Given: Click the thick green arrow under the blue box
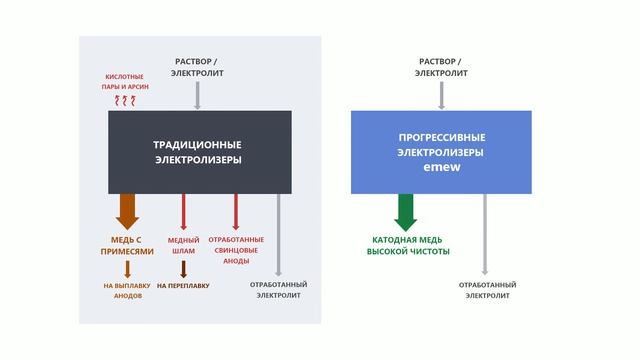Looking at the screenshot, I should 406,212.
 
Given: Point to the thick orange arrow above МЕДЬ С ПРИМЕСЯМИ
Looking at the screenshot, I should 128,211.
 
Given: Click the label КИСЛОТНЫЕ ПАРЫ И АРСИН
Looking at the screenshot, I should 126,81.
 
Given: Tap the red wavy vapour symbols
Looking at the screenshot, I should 126,101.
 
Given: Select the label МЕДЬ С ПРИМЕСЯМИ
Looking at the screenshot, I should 132,246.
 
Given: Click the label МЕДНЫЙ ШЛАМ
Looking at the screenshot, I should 183,246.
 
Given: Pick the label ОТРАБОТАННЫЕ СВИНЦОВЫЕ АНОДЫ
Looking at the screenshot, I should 236,250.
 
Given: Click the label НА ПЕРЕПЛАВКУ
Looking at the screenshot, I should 183,285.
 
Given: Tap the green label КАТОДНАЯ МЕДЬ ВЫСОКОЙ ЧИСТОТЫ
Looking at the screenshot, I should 407,246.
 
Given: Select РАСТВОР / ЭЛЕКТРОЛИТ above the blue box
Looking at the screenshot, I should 441,67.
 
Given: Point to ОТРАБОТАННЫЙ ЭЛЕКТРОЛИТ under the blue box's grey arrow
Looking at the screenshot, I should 485,290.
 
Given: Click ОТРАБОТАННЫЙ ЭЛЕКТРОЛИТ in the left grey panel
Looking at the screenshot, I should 277,290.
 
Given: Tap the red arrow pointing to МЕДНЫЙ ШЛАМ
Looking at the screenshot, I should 184,212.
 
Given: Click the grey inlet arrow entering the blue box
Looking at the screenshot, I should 441,95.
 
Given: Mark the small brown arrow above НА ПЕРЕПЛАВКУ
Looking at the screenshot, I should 183,268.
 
